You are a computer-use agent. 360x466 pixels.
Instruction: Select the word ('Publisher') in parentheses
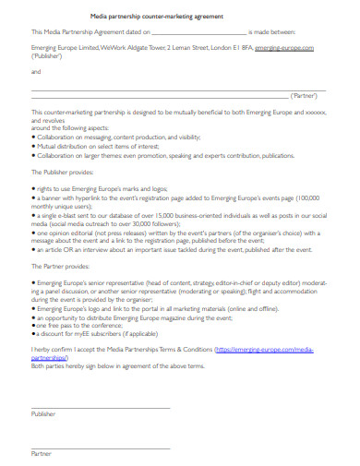click(48, 54)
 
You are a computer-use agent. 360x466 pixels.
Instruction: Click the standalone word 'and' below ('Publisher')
click(36, 70)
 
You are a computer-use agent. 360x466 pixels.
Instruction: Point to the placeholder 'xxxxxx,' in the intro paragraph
click(316, 112)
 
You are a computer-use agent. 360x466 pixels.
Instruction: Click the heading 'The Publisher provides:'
click(64, 172)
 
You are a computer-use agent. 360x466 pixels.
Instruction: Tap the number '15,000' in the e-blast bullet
click(135, 212)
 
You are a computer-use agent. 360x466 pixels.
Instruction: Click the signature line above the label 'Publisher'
click(101, 406)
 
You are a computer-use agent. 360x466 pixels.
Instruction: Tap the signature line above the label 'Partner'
click(101, 446)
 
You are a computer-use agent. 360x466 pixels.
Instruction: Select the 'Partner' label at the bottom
click(42, 455)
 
